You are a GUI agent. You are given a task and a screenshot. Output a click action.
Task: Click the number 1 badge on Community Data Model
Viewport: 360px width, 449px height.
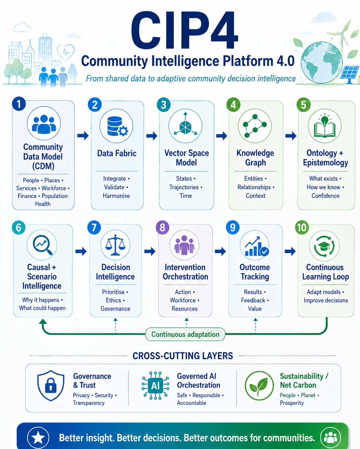(19, 104)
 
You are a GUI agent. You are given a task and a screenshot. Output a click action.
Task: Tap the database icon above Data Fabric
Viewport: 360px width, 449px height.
(116, 126)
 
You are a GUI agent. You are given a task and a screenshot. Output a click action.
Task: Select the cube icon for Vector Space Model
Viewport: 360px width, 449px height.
(185, 126)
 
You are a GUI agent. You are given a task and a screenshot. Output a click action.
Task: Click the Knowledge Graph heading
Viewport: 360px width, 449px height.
(255, 158)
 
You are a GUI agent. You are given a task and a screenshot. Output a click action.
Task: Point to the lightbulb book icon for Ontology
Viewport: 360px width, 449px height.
(325, 126)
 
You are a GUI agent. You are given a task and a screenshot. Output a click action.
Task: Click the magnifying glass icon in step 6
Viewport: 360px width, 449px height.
(42, 245)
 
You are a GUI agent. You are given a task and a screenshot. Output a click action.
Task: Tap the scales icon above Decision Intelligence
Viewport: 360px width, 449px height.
(116, 245)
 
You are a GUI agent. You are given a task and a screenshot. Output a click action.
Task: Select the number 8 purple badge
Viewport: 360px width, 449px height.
(162, 227)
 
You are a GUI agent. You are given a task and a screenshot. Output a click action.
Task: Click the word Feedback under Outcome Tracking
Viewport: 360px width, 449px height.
(253, 300)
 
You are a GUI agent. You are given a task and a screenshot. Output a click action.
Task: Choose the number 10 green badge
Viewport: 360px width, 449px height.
(302, 227)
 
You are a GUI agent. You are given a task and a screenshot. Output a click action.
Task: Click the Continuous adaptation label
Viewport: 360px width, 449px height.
(185, 334)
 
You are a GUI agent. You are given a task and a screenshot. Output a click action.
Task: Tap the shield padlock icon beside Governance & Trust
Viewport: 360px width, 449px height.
(51, 386)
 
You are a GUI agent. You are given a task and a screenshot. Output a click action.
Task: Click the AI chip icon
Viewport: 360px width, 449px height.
(155, 386)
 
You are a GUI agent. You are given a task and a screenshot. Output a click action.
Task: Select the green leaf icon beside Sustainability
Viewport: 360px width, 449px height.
(259, 386)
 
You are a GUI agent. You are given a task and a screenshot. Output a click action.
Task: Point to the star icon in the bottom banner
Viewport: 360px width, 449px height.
(38, 438)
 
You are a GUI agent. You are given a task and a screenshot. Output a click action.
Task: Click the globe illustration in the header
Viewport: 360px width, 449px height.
(322, 63)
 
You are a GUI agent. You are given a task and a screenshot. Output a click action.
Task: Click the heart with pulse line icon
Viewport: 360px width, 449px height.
(66, 52)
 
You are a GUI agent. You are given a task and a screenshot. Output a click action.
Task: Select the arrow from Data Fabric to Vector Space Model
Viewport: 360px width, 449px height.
(152, 136)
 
